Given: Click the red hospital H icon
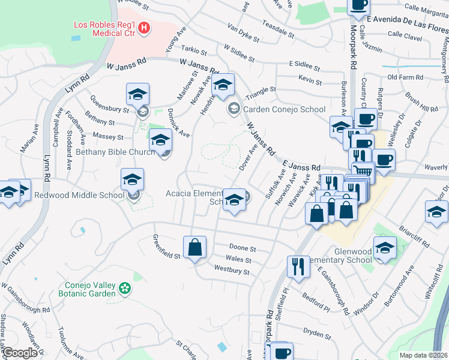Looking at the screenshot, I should point(143,27).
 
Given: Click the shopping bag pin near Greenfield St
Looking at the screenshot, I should point(195,247).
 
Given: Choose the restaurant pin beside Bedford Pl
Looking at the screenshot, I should point(298,266).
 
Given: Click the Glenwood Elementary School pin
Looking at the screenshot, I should point(385,248).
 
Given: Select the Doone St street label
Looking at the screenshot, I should point(243,248).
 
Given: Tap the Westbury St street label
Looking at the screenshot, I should point(232,271).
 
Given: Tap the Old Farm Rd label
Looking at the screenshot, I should point(405,77).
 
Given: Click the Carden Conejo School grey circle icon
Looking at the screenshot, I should point(233,109).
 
